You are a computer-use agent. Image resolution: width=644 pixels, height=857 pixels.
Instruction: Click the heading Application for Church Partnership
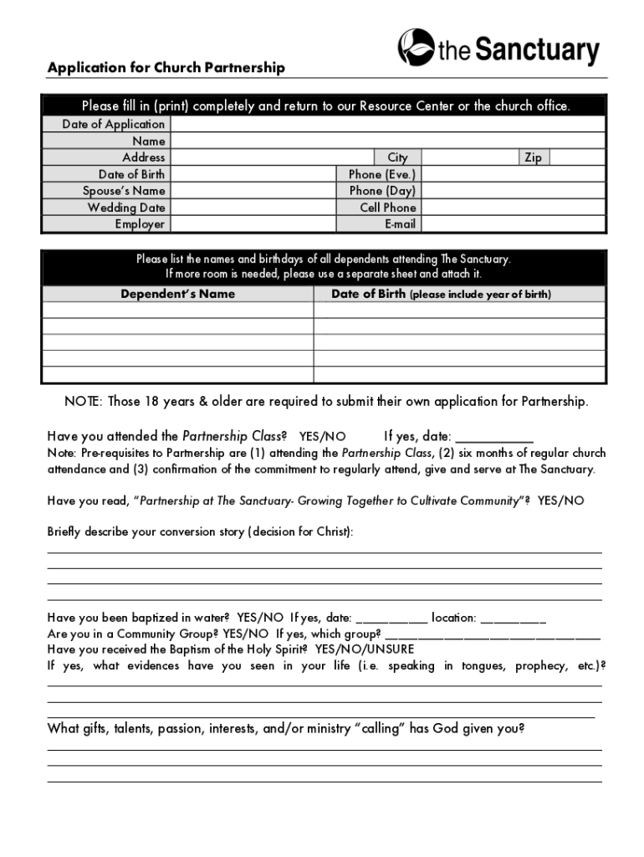[x=166, y=68]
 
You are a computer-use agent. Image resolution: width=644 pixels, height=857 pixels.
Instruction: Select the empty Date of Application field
[x=387, y=125]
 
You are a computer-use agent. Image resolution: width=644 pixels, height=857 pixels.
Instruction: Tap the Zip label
[x=532, y=157]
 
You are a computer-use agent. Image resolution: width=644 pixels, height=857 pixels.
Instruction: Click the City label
[x=397, y=157]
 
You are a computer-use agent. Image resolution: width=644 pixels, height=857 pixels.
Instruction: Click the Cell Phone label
[x=387, y=208]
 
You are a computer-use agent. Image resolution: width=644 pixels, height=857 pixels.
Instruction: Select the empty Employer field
[x=252, y=224]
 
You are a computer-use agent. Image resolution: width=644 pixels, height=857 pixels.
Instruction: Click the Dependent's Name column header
[x=177, y=294]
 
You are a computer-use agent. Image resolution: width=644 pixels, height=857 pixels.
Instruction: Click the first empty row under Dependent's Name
[x=177, y=310]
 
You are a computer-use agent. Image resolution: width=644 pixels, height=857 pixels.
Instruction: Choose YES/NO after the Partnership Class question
[x=322, y=436]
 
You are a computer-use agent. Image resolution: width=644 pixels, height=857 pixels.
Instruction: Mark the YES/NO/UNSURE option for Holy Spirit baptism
[x=365, y=649]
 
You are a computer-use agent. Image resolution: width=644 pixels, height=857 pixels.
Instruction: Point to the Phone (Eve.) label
[x=381, y=174]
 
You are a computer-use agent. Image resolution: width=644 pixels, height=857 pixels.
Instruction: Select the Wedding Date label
[x=126, y=208]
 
